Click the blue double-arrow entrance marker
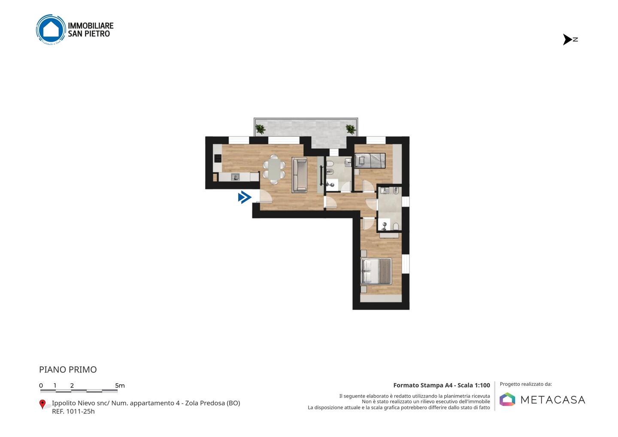pos(245,197)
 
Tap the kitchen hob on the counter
pos(218,158)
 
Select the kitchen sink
pos(235,177)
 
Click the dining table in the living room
pos(274,170)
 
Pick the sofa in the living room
pos(300,175)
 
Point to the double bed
pos(376,271)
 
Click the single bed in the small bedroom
pos(370,161)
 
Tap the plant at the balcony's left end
pos(260,129)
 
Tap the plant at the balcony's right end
pos(351,129)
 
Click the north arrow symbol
pos(567,39)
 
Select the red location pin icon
pos(42,404)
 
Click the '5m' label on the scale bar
pos(120,385)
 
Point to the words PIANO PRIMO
pos(68,370)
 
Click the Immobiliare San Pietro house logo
pos(51,30)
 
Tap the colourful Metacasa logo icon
pos(507,399)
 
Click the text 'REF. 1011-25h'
pos(73,411)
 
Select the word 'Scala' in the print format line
pos(465,385)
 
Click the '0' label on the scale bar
pos(41,385)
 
